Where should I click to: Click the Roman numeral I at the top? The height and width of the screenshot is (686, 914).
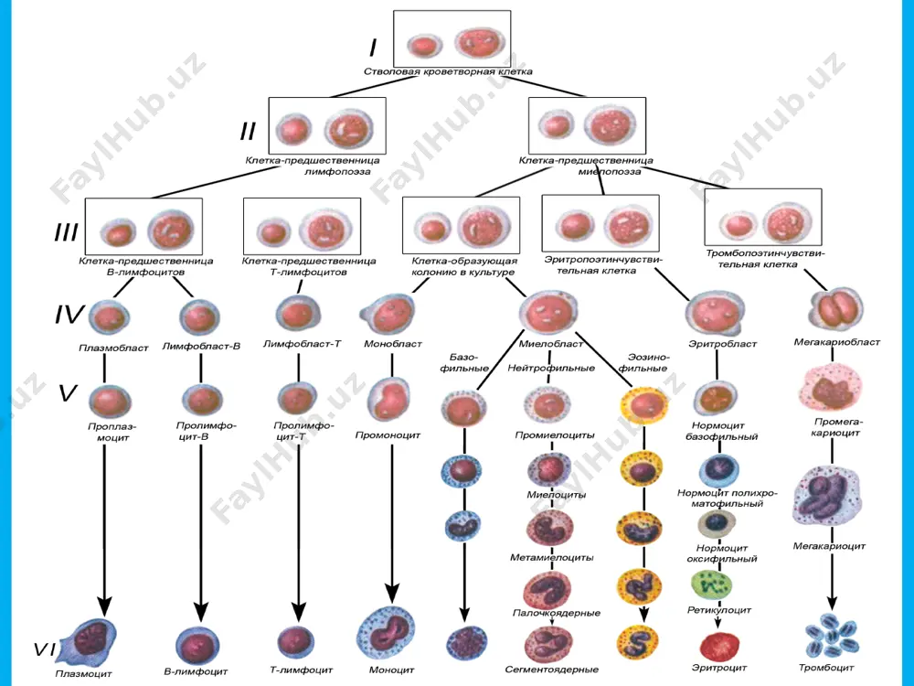click(373, 48)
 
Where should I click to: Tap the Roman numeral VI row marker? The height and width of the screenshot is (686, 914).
click(45, 648)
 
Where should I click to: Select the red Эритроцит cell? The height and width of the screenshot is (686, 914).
click(718, 647)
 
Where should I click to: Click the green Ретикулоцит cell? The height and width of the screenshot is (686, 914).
click(711, 585)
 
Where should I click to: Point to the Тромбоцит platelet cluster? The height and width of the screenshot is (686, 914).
click(831, 636)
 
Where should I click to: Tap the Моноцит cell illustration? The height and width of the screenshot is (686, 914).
click(386, 635)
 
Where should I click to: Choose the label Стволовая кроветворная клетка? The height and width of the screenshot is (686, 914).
click(448, 71)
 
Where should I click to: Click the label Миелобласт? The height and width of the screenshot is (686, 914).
click(551, 344)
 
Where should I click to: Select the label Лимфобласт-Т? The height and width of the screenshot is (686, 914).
click(302, 344)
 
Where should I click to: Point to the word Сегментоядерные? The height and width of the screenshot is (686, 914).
click(551, 670)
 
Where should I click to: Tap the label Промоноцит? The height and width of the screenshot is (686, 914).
click(388, 435)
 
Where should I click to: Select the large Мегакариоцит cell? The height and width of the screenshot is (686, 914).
click(828, 496)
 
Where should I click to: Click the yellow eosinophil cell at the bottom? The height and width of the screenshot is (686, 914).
click(638, 642)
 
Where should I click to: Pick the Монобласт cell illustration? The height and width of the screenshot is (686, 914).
click(388, 314)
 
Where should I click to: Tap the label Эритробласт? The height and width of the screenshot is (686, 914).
click(723, 344)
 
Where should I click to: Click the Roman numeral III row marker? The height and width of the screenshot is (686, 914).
click(67, 232)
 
